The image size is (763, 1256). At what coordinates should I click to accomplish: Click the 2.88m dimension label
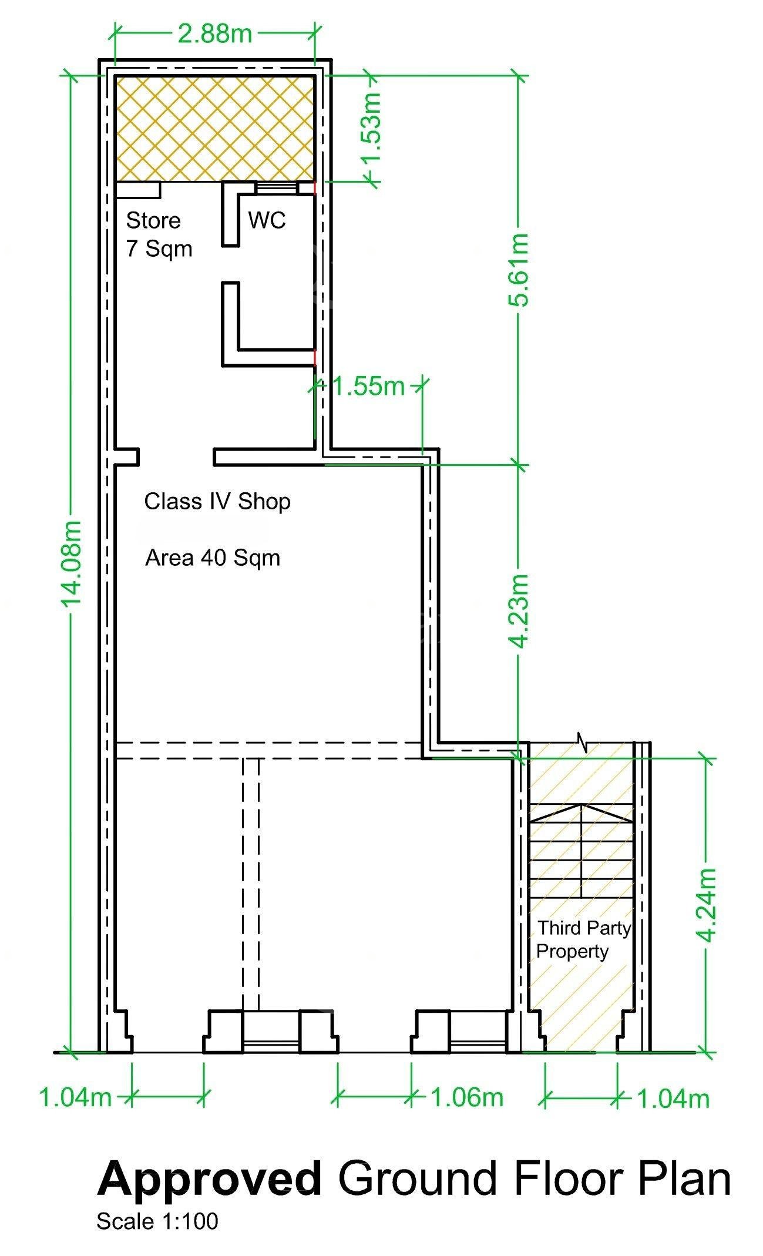click(x=215, y=33)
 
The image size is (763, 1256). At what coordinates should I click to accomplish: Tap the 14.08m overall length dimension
click(x=71, y=563)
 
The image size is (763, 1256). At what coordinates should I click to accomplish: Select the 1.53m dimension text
click(x=371, y=129)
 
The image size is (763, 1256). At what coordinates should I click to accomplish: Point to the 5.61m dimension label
click(x=518, y=270)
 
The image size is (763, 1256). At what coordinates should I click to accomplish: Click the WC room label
click(x=267, y=220)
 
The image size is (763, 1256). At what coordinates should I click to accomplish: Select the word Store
click(x=153, y=220)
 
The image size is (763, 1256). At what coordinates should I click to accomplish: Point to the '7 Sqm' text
click(x=159, y=249)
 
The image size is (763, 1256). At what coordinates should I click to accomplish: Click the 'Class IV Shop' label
click(x=217, y=502)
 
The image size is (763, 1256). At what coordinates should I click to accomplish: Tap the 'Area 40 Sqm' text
click(x=213, y=558)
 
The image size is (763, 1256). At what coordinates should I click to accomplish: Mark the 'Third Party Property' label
click(x=584, y=939)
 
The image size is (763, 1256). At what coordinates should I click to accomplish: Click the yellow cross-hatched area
click(x=215, y=129)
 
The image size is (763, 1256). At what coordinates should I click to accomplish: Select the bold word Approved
click(x=210, y=1178)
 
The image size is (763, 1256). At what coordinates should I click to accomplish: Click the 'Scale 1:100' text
click(x=157, y=1221)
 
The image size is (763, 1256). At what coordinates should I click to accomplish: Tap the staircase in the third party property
click(x=582, y=851)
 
